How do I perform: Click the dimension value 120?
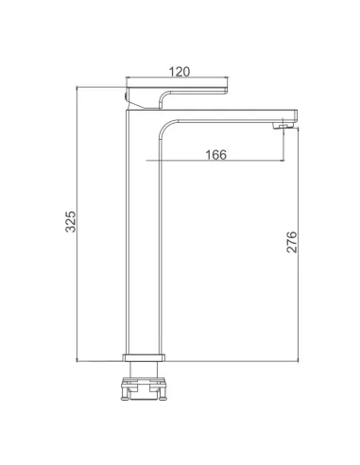click(180, 72)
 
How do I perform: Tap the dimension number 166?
click(215, 155)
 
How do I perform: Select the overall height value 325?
click(71, 221)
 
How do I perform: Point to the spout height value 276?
click(292, 242)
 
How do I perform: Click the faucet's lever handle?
click(176, 94)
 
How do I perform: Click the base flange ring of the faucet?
click(144, 357)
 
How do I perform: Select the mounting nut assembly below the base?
click(144, 388)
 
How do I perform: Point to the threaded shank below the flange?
click(144, 370)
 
